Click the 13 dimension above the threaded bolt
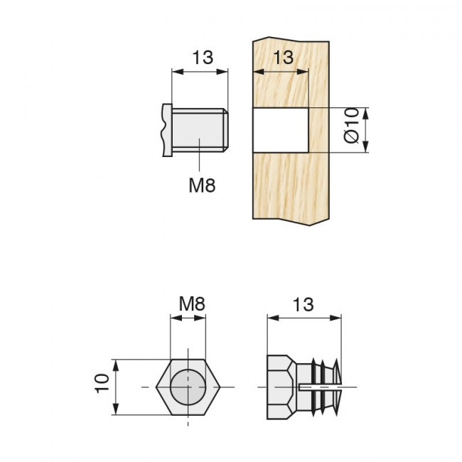(202, 58)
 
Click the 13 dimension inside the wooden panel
(282, 58)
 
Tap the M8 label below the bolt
(201, 186)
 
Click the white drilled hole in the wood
(280, 130)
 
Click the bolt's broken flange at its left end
(167, 130)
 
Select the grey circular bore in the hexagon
(188, 387)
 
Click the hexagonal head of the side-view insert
(280, 387)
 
